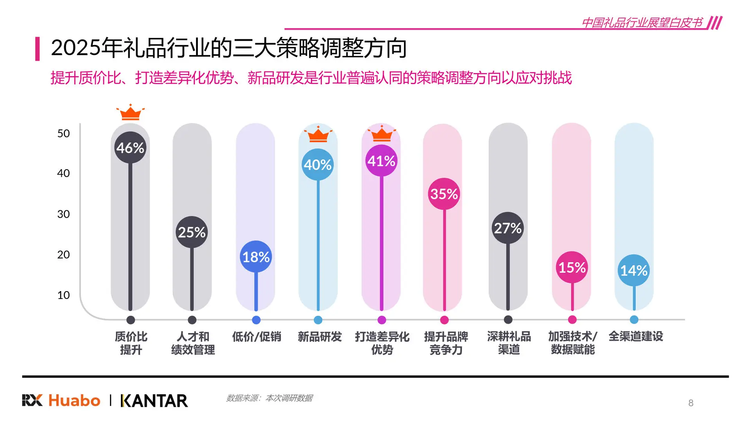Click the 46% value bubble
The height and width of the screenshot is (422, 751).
(x=130, y=148)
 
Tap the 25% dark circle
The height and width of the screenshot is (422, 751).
(x=192, y=232)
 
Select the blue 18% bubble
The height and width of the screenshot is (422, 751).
(x=256, y=257)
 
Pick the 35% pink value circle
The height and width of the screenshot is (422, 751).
(x=444, y=194)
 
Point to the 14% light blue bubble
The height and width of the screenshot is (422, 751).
(x=634, y=270)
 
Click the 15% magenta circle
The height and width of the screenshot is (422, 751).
(x=572, y=268)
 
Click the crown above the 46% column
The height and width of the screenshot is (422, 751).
(x=130, y=113)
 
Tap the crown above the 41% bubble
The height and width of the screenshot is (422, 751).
(x=381, y=134)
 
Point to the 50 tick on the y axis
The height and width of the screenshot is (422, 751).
(x=63, y=134)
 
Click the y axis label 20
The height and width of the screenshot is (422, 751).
(x=63, y=255)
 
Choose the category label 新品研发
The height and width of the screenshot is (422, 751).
(x=320, y=336)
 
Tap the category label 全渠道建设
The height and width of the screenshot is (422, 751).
(x=636, y=336)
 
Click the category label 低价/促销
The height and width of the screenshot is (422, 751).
(x=256, y=336)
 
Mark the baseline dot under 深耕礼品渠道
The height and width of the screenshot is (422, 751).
(x=508, y=320)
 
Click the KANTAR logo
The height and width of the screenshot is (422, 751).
(x=155, y=401)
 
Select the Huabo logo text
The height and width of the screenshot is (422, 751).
(x=74, y=401)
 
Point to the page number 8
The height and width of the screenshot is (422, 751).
(x=691, y=403)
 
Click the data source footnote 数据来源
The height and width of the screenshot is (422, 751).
(x=269, y=398)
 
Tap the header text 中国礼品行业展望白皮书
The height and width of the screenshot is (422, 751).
(x=641, y=23)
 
